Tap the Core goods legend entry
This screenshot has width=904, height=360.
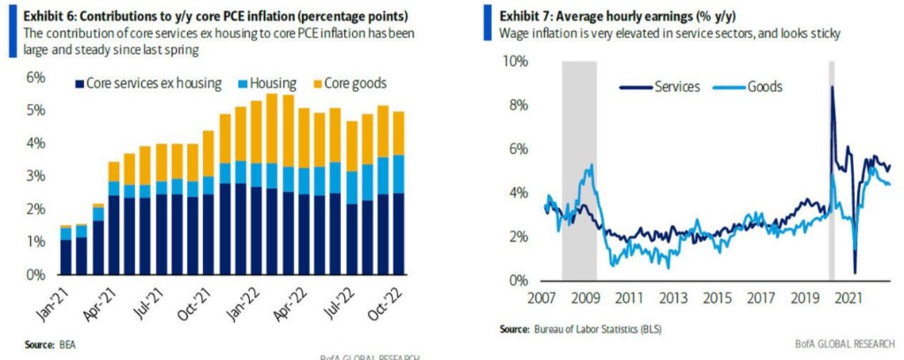click(352, 84)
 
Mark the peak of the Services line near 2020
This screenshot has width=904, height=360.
click(832, 86)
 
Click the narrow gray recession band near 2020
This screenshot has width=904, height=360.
click(831, 176)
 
